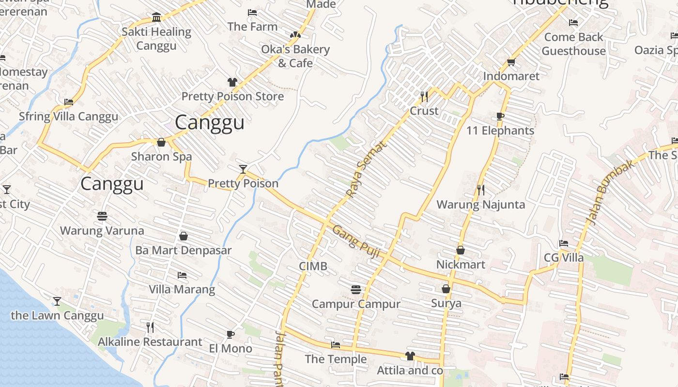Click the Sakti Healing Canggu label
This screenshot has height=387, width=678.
pyautogui.click(x=156, y=39)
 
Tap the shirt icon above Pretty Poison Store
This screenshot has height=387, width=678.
pyautogui.click(x=232, y=82)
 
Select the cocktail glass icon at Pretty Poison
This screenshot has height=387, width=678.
pyautogui.click(x=243, y=169)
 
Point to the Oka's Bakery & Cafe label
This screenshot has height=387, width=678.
pyautogui.click(x=295, y=56)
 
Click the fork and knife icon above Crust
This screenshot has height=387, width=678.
pyautogui.click(x=424, y=97)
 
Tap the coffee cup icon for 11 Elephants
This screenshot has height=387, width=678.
pyautogui.click(x=500, y=116)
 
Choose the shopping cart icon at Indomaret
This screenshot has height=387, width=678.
pyautogui.click(x=511, y=62)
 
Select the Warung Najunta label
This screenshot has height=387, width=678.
pyautogui.click(x=480, y=204)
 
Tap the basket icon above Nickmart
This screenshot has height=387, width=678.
pyautogui.click(x=461, y=250)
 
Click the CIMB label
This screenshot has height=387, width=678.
pyautogui.click(x=313, y=266)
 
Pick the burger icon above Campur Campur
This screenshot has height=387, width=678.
pyautogui.click(x=356, y=290)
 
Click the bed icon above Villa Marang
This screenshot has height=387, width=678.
pyautogui.click(x=182, y=275)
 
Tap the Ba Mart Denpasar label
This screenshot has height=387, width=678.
pyautogui.click(x=183, y=250)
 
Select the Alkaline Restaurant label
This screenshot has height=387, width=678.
pyautogui.click(x=150, y=342)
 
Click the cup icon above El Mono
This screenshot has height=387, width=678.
pyautogui.click(x=231, y=334)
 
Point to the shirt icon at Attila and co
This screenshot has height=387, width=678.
pyautogui.click(x=410, y=356)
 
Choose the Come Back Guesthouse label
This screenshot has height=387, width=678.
pyautogui.click(x=573, y=44)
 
